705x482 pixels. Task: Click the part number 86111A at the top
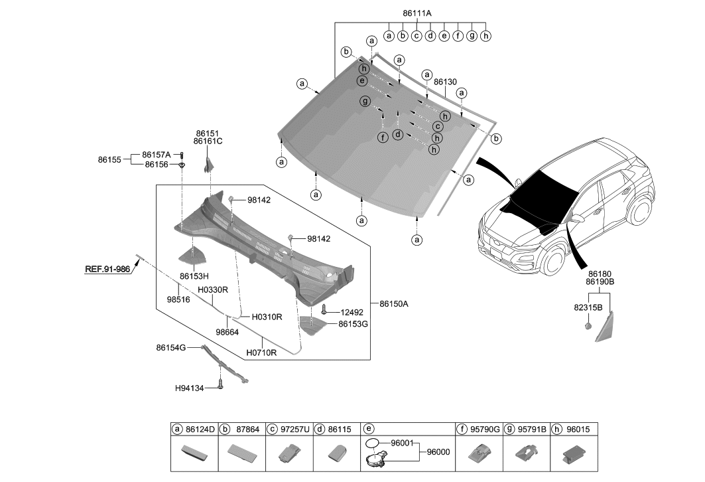[x=417, y=13]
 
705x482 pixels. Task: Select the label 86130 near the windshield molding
[x=445, y=82]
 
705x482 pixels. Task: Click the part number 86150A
[x=394, y=303]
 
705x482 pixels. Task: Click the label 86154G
[x=170, y=347]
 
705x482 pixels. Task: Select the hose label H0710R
[x=261, y=353]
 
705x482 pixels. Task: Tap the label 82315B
[x=570, y=308]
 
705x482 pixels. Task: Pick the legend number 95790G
[x=485, y=430]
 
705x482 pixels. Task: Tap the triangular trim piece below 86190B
[x=604, y=329]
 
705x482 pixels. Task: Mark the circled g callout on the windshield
[x=365, y=101]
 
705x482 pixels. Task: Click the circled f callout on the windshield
[x=382, y=137]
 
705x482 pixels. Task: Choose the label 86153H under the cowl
[x=194, y=276]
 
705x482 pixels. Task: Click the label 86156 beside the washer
[x=157, y=164]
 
